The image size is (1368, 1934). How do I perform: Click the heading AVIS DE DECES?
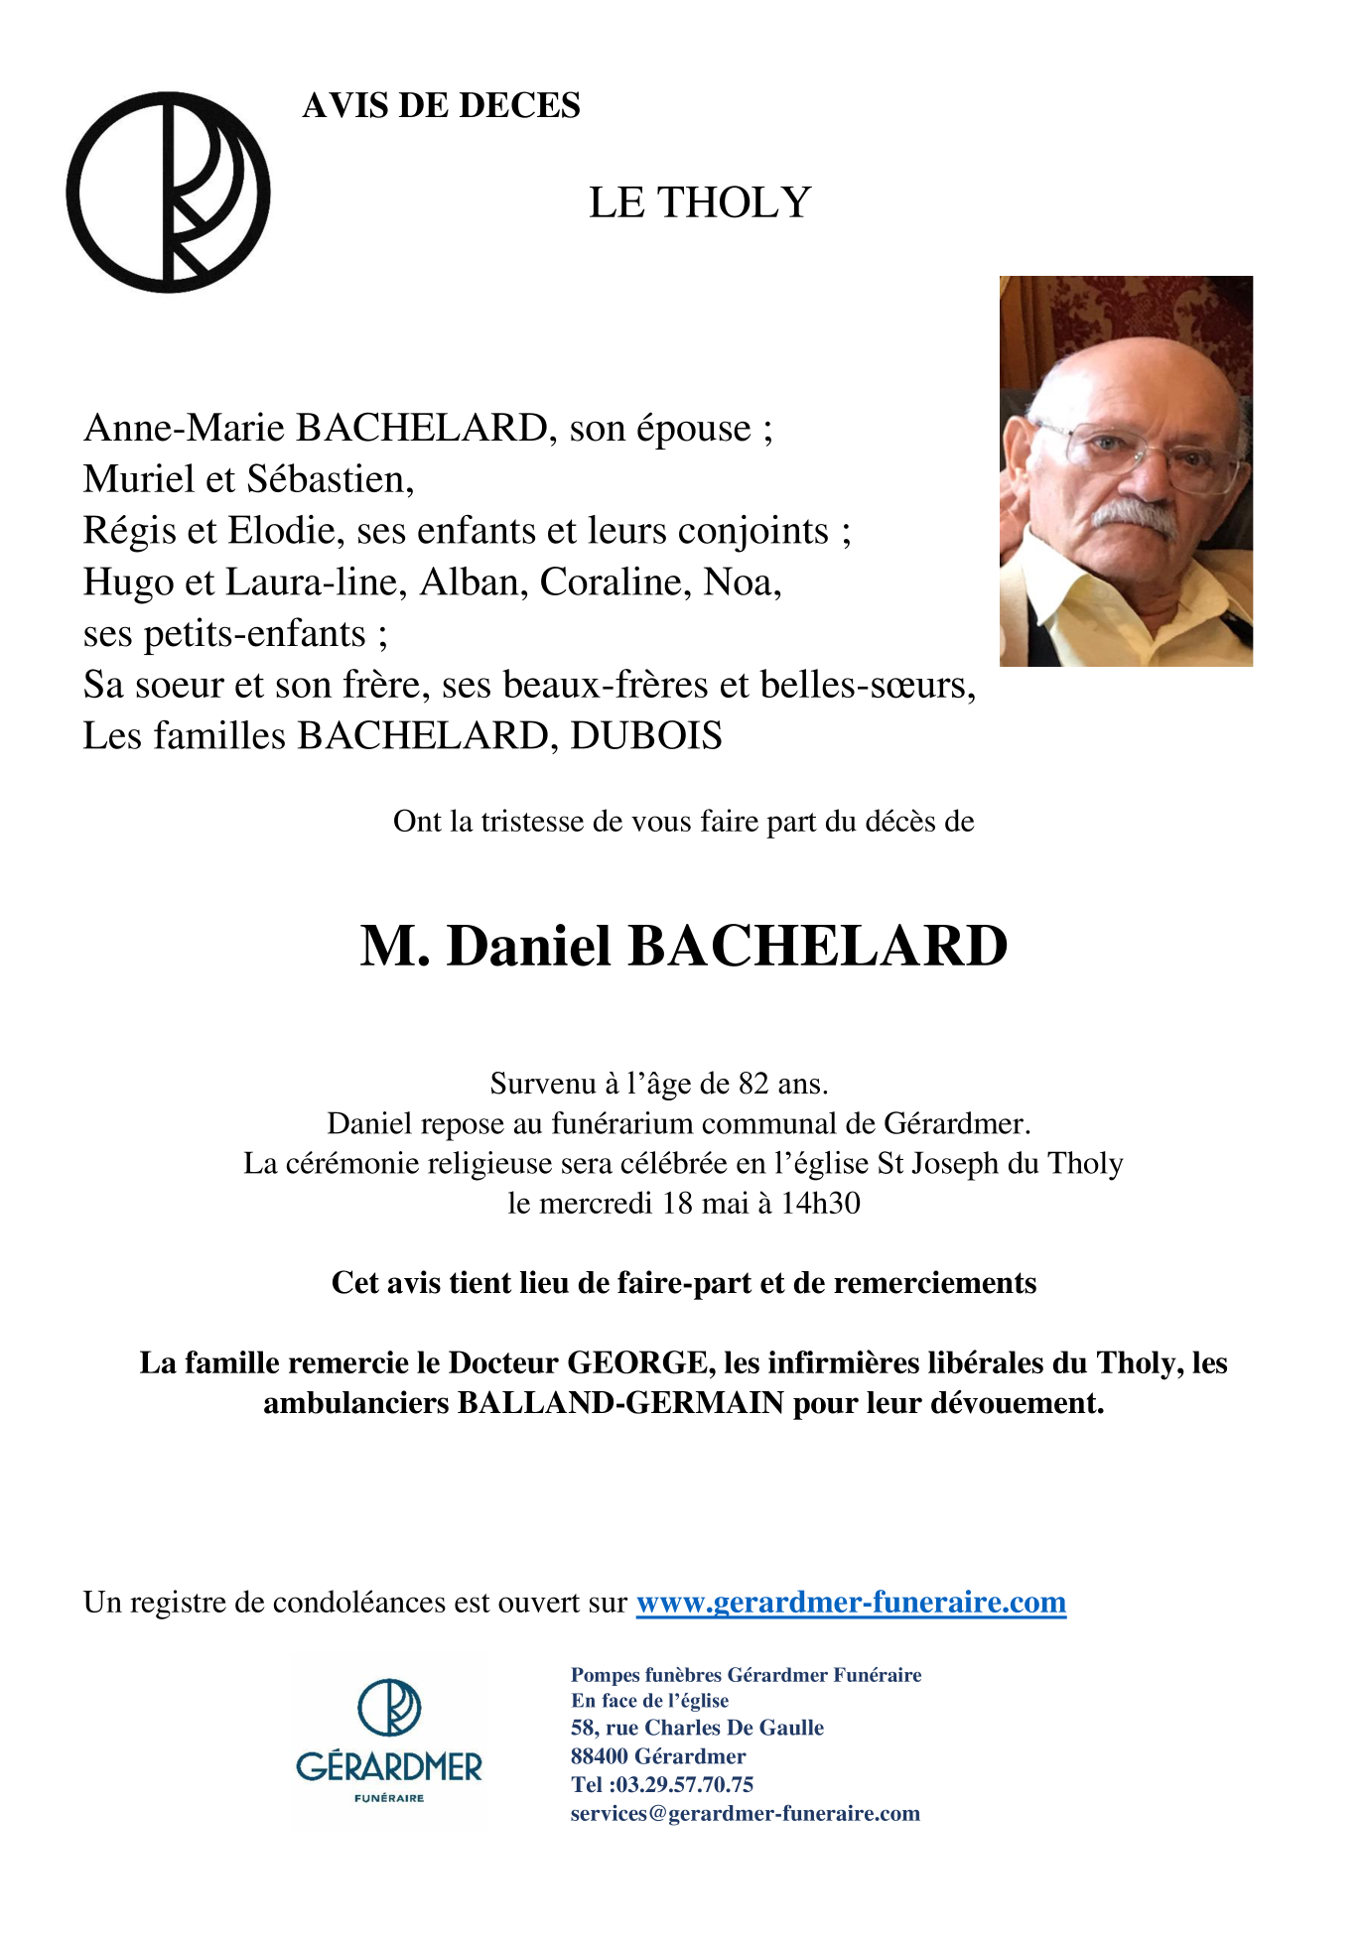441,106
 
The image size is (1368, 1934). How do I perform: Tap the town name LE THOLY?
700,203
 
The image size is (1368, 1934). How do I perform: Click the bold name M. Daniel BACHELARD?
683,946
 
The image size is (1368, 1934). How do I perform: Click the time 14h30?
820,1204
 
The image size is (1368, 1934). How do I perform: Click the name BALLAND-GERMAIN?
620,1404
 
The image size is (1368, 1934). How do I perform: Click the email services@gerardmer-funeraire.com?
746,1814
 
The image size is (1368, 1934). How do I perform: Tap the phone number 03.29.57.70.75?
685,1785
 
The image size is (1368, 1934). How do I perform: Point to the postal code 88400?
599,1756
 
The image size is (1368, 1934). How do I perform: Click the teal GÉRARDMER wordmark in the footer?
389,1767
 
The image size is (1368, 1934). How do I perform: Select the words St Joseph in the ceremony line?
939,1164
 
